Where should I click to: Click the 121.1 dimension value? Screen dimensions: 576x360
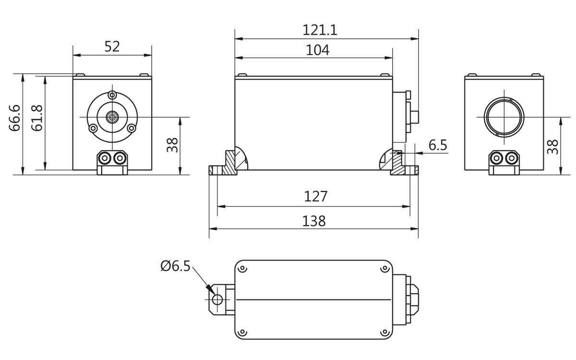[x=320, y=30]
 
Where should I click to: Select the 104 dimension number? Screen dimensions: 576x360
[x=317, y=50]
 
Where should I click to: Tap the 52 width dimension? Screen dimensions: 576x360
[x=112, y=47]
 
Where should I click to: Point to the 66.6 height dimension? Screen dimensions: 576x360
[x=15, y=118]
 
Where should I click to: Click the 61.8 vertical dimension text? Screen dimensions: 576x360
[x=37, y=118]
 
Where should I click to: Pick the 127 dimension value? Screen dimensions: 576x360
[x=316, y=196]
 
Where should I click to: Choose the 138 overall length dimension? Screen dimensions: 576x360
[x=314, y=221]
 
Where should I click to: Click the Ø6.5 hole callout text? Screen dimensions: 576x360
[x=175, y=266]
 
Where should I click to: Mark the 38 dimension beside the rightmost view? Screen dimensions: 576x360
[x=552, y=146]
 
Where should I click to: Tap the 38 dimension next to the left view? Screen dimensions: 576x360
[x=172, y=145]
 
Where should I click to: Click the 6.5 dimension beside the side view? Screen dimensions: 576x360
[x=438, y=145]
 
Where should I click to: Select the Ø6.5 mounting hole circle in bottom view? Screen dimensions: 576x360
[x=217, y=300]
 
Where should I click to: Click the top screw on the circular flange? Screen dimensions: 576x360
[x=112, y=95]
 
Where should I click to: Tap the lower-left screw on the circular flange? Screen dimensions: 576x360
[x=93, y=128]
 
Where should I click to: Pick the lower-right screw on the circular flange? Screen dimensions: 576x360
[x=132, y=128]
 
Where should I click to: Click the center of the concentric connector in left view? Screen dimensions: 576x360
[x=112, y=117]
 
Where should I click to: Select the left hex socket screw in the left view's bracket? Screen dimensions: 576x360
[x=105, y=158]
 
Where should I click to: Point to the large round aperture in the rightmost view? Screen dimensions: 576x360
[x=504, y=117]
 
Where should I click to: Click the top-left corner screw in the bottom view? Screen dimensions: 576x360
[x=242, y=268]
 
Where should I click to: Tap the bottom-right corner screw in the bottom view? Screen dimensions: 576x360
[x=384, y=332]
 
